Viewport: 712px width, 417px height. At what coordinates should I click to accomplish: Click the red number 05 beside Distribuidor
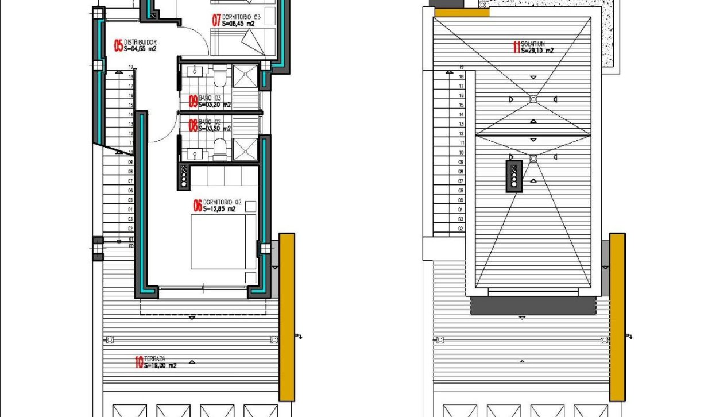point(119,46)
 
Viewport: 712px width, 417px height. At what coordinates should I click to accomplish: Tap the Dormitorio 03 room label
point(241,17)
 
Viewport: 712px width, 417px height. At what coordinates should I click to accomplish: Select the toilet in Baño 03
point(219,76)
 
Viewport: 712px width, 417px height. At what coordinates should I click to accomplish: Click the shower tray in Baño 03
point(247,76)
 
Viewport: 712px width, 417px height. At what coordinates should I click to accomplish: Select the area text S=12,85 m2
point(219,210)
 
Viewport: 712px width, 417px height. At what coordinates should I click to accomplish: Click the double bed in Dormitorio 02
point(223,241)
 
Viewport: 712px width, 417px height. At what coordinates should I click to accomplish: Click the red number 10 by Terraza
point(138,362)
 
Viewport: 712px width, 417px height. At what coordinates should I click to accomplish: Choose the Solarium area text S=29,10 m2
point(537,51)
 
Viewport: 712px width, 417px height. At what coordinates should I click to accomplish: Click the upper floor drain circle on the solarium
point(533,99)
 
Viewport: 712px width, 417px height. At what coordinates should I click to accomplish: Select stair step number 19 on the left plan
point(131,67)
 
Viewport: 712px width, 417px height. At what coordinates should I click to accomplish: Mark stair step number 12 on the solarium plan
point(461,133)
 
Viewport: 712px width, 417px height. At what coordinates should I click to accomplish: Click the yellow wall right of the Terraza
point(287,317)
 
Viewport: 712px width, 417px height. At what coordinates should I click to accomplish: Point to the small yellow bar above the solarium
point(462,11)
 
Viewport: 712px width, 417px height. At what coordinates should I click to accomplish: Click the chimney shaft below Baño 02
point(184,175)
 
